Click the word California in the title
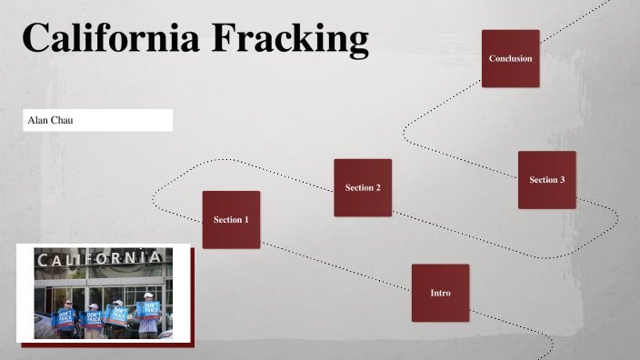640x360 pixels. pos(109,38)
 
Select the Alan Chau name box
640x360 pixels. pos(98,120)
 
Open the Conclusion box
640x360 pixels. pos(510,59)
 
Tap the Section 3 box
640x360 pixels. pos(546,180)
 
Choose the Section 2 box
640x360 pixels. pos(362,187)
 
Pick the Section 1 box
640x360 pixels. pos(231,220)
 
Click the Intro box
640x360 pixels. pos(440,293)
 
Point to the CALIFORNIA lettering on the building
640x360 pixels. pos(102,259)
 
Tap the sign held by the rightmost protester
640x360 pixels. pos(150,311)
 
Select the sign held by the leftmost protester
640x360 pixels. pos(66,317)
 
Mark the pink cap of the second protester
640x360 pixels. pos(93,305)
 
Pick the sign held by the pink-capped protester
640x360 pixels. pos(92,319)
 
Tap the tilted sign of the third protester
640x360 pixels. pos(115,315)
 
